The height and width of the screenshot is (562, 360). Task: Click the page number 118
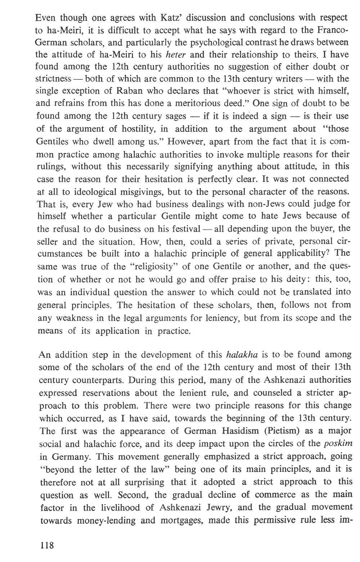(47, 545)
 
